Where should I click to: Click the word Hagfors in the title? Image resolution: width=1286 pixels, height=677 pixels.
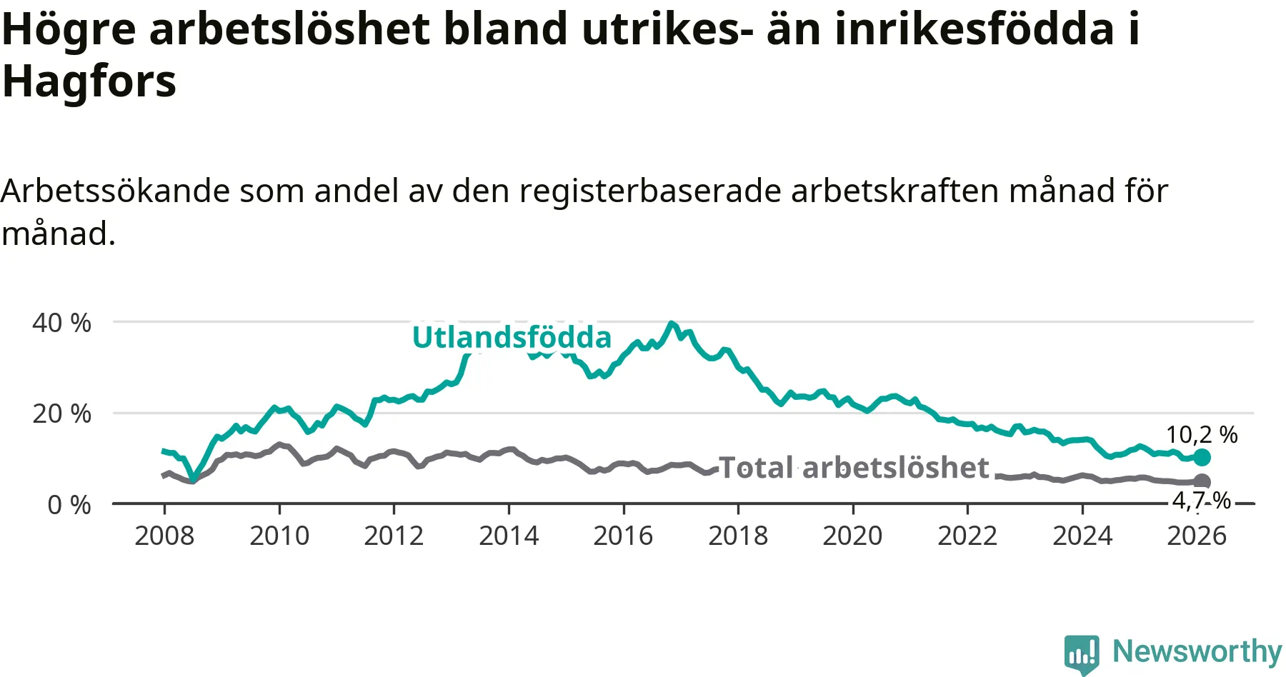pyautogui.click(x=89, y=82)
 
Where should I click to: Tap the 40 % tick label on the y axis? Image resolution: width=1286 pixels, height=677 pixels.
pyautogui.click(x=61, y=323)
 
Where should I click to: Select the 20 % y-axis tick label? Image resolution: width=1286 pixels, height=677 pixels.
pyautogui.click(x=61, y=413)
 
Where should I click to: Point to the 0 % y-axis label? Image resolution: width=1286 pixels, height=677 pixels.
pyautogui.click(x=69, y=505)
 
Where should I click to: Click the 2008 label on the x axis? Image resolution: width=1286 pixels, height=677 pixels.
pyautogui.click(x=164, y=536)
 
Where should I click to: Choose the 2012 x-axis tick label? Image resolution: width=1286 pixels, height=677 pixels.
pyautogui.click(x=394, y=536)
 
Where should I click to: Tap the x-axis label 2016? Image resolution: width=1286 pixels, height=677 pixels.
pyautogui.click(x=623, y=536)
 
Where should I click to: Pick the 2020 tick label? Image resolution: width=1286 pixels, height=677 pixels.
pyautogui.click(x=852, y=536)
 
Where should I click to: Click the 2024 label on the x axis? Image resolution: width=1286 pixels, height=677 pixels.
pyautogui.click(x=1082, y=536)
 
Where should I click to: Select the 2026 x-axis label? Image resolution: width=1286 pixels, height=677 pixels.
pyautogui.click(x=1197, y=536)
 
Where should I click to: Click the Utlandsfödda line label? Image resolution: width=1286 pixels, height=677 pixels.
pyautogui.click(x=512, y=338)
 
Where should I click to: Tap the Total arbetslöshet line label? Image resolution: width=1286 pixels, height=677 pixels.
pyautogui.click(x=854, y=468)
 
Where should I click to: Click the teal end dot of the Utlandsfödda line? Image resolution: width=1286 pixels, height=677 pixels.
pyautogui.click(x=1202, y=457)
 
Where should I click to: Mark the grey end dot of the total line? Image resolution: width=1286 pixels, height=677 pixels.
pyautogui.click(x=1202, y=481)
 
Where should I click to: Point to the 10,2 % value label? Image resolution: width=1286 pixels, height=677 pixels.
pyautogui.click(x=1202, y=434)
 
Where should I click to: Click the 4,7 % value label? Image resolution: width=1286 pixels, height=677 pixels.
pyautogui.click(x=1202, y=501)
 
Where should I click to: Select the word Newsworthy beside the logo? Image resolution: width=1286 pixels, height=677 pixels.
pyautogui.click(x=1197, y=651)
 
